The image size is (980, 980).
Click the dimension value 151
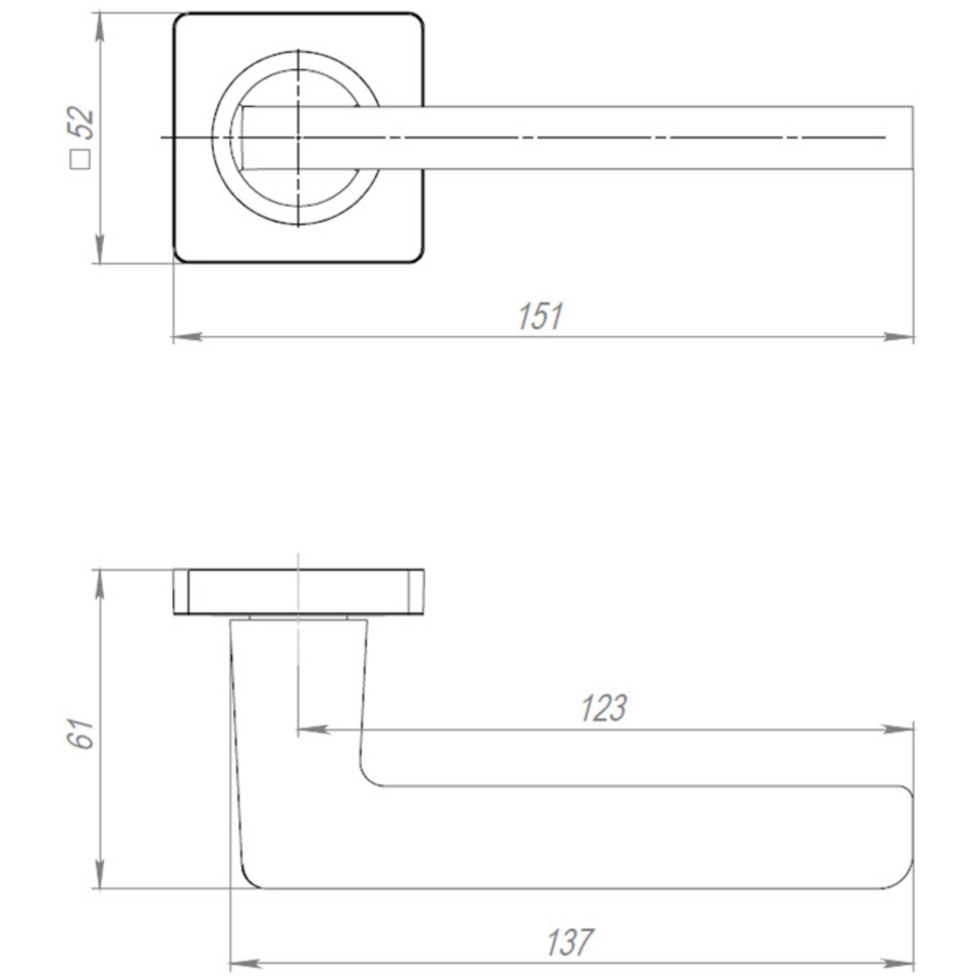click(540, 317)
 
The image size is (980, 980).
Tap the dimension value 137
click(570, 943)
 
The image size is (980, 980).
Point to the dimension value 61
click(81, 733)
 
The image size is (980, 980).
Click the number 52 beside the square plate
click(81, 123)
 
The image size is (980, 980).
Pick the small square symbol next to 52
click(80, 159)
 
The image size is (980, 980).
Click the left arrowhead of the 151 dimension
click(188, 337)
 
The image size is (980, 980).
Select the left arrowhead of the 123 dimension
click(312, 729)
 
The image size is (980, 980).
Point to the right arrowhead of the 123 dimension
click(898, 729)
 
